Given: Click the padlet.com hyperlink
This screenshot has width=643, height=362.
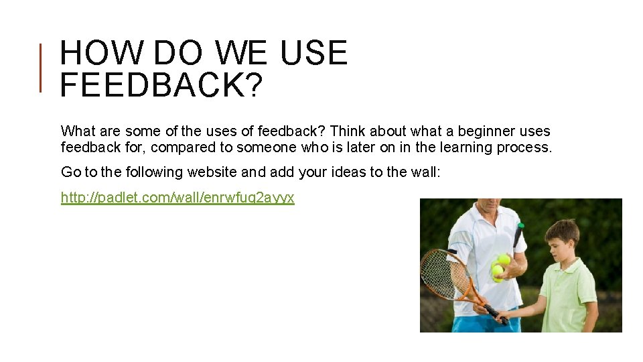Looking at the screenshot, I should pos(177,198).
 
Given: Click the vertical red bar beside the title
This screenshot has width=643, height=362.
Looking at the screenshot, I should pos(41,67).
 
